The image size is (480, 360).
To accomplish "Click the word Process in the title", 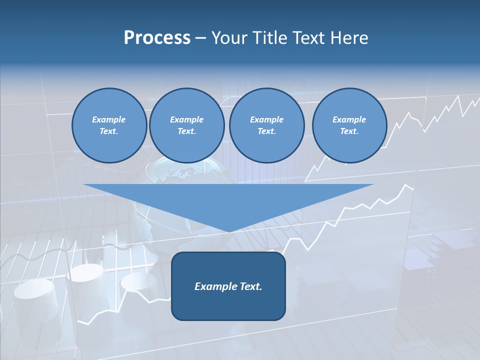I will click(157, 37).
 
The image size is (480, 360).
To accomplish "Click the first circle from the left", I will click(109, 125).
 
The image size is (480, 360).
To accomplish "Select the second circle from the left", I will click(186, 125).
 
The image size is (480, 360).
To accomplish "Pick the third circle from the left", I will click(266, 125).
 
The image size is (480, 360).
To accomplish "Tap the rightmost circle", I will click(349, 125).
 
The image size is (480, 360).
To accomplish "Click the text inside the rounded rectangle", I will click(228, 286).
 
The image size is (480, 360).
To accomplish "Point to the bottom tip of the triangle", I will click(229, 231).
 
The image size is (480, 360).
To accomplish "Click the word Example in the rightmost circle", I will click(349, 119).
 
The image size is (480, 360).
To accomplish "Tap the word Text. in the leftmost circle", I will click(109, 131).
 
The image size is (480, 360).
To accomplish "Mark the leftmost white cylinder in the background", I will click(34, 297).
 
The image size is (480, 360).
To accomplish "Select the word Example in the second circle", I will click(186, 119).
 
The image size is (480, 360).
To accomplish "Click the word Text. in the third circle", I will click(266, 131).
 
